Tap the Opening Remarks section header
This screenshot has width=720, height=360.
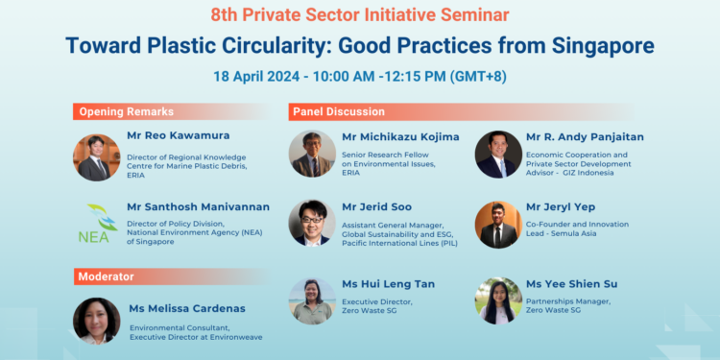(118, 111)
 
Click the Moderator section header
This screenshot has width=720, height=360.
(107, 276)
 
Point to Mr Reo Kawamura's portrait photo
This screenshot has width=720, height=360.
(97, 157)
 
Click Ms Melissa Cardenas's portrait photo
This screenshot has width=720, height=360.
(97, 321)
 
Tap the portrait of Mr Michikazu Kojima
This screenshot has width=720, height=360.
(312, 154)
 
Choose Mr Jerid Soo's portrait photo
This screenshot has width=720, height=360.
(312, 224)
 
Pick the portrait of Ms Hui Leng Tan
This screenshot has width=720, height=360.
(312, 300)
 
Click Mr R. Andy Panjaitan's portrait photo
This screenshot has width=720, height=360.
(498, 154)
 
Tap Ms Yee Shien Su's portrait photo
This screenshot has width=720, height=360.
(498, 300)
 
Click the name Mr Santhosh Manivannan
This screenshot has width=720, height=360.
(198, 206)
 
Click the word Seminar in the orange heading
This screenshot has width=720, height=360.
(471, 14)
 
